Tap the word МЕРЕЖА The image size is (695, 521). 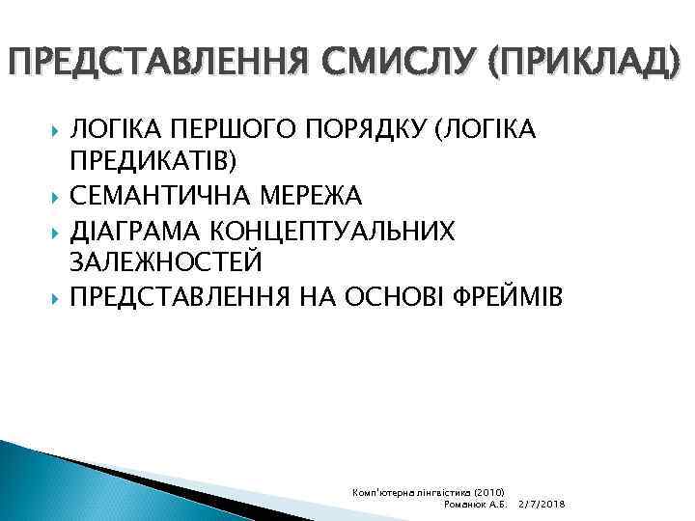pyautogui.click(x=312, y=196)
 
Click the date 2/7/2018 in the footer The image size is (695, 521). pyautogui.click(x=541, y=505)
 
